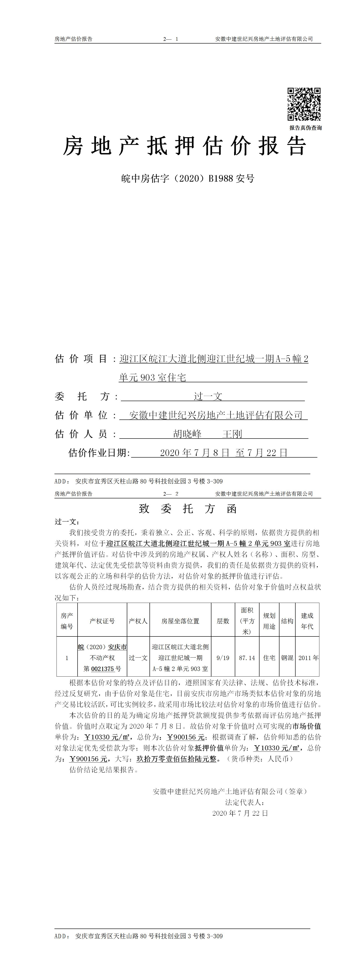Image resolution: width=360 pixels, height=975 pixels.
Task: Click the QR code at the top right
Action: point(304,105)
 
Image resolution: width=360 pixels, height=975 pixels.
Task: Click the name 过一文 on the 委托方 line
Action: point(208,396)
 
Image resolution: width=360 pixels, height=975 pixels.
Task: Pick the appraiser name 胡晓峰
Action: point(187,434)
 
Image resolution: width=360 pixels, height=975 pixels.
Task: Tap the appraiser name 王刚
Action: point(232,434)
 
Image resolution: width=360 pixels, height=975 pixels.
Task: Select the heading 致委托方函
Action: point(188,509)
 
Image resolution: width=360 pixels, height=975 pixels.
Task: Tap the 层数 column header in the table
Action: point(223,621)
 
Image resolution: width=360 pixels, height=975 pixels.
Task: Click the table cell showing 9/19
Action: point(223,658)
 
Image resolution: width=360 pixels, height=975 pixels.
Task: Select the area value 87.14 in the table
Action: point(247,658)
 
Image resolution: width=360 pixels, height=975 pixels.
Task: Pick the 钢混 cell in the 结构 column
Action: point(287,658)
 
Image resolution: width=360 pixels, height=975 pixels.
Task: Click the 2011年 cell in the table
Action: point(308,658)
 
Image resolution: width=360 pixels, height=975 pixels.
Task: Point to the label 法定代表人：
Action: point(245,802)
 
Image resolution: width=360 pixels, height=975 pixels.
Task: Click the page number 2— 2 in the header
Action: point(171,494)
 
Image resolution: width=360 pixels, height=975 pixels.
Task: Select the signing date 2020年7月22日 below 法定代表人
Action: point(240,813)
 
